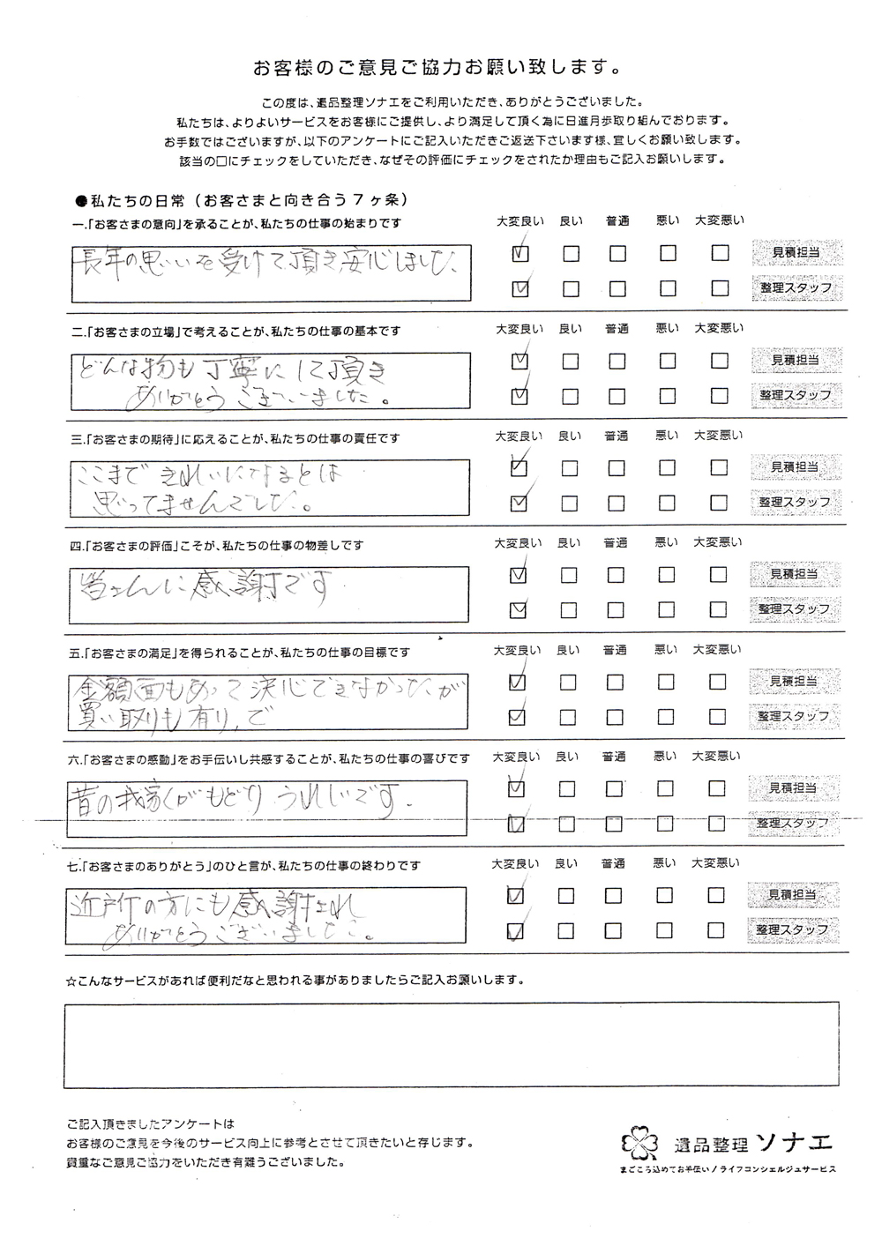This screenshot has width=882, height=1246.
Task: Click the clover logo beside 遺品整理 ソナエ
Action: tap(640, 1144)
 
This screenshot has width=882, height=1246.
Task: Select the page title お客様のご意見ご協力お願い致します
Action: tap(436, 67)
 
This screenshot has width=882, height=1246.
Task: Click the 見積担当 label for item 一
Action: tap(795, 253)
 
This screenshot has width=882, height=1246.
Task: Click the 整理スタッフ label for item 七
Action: tap(794, 930)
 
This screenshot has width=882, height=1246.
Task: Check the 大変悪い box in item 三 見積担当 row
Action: tap(720, 467)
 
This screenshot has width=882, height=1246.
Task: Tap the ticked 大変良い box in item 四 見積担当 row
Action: tap(519, 575)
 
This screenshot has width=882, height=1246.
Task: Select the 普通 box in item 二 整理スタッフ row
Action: tap(617, 396)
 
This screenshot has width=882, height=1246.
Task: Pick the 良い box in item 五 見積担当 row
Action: tap(569, 682)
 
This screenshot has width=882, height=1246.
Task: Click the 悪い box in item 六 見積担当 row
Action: tap(667, 788)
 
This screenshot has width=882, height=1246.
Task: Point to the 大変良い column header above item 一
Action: tap(519, 221)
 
